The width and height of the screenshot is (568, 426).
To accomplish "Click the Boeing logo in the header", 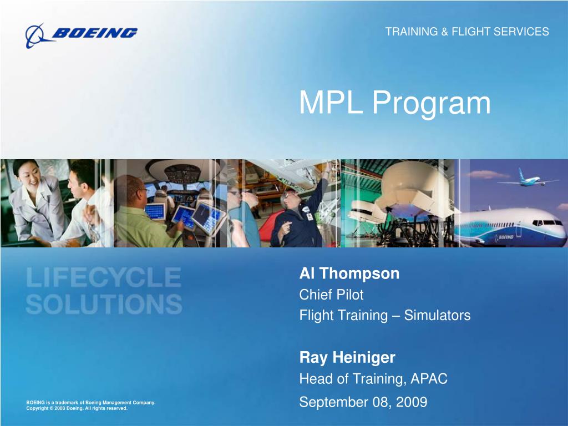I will click(81, 34).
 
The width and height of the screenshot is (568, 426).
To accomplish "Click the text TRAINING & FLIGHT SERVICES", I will click(467, 32).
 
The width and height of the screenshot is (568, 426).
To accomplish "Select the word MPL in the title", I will click(332, 103).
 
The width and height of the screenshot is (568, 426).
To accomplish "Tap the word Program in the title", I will click(431, 104).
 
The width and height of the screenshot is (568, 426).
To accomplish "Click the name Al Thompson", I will click(349, 273).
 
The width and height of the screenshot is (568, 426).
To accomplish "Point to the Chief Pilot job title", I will click(331, 295).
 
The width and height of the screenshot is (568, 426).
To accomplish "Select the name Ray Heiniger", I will click(347, 358).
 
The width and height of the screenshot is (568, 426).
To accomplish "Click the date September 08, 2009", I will click(363, 402).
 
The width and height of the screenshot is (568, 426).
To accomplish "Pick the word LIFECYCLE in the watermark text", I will click(103, 277).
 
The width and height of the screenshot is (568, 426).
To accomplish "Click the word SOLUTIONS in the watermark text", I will click(104, 303).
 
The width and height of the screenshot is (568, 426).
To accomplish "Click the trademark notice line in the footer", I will click(90, 402).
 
